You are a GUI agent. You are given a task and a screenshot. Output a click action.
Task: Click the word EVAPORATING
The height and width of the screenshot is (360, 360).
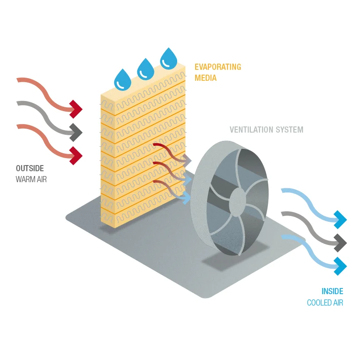coord(217,67)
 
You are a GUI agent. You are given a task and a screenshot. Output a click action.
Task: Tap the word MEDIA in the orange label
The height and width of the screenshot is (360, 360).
coord(206,78)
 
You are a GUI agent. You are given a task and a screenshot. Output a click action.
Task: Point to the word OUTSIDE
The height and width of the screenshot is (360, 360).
coord(30,169)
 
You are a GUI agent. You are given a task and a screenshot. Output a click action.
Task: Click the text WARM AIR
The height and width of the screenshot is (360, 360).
coord(31,179)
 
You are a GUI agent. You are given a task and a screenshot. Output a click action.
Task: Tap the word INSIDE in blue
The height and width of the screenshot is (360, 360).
coord(332,292)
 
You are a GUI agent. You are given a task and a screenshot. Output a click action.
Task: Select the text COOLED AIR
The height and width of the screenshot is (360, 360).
coord(325,302)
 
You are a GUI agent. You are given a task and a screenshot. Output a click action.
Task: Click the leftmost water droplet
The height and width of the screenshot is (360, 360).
coord(122,80)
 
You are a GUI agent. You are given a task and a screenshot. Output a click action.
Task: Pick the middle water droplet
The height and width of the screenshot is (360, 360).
coord(146,69)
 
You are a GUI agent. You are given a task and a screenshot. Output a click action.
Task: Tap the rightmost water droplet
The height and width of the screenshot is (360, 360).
coord(168,59)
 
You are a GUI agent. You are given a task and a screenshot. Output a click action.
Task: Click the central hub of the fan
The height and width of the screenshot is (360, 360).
coord(237,202)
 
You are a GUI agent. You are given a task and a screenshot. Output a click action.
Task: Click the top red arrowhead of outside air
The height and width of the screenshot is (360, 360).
coord(76,108)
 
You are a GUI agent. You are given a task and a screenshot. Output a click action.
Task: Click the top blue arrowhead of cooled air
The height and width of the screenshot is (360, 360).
coord(340,219)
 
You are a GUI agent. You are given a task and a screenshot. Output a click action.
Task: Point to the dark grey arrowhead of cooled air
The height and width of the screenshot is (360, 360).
coord(340,241)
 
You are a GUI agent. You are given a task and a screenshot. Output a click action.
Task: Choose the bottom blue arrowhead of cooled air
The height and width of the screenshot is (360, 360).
coord(340,266)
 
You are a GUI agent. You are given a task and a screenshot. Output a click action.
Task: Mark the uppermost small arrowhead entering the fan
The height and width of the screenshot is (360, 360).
coord(187,161)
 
